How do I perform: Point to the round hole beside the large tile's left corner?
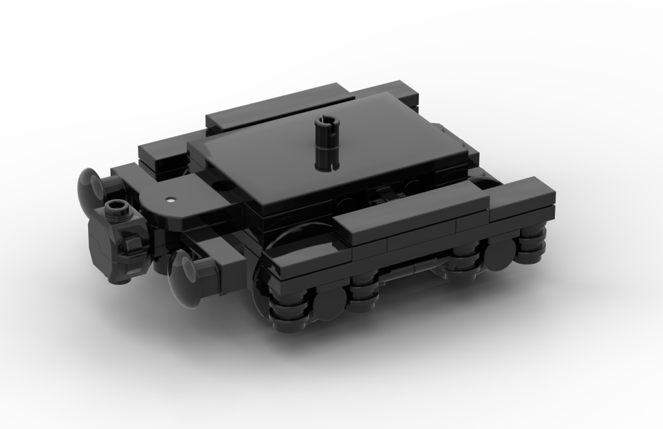(x=222, y=185)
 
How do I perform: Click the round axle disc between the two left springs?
(x=330, y=299)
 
